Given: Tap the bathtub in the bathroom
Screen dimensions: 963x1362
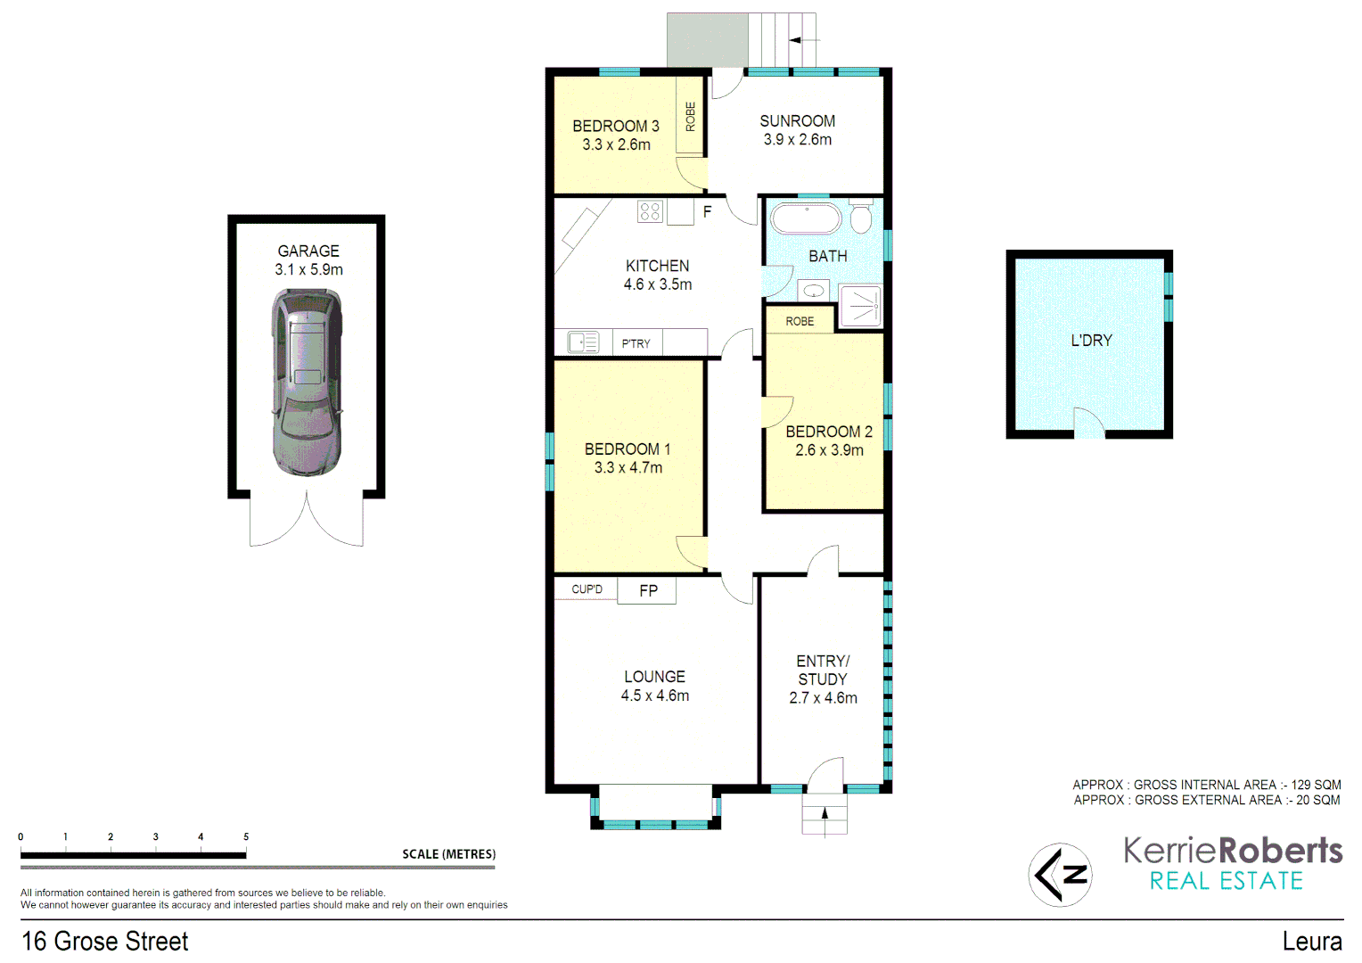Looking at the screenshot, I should tap(806, 219).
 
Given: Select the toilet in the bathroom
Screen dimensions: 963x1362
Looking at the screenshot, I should tap(861, 218).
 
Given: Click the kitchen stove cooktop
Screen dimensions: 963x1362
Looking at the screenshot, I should tap(650, 211).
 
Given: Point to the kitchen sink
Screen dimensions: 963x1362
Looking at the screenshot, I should tap(584, 342).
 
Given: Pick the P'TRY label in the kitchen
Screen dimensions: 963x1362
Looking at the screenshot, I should tap(636, 343).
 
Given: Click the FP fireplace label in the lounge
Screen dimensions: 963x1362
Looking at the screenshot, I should tap(648, 590).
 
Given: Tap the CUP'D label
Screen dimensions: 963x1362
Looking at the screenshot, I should tap(587, 589).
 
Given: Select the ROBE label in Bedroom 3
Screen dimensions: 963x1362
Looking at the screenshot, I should tap(690, 117).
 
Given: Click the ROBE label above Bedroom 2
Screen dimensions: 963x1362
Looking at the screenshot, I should tap(800, 321).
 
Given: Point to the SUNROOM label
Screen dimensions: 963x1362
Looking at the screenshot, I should tap(797, 121).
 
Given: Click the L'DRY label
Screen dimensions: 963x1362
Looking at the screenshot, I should tap(1091, 341).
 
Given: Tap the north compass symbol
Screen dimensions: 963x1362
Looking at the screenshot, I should tap(1060, 875).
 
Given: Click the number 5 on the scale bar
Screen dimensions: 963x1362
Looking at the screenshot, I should tap(246, 836).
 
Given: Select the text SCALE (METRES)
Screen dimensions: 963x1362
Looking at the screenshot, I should tap(448, 854).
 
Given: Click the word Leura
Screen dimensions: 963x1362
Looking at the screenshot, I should tap(1312, 941).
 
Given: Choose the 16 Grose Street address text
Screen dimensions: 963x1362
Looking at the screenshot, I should tap(105, 941).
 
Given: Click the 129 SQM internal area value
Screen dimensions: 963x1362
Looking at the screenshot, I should tap(1316, 785).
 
